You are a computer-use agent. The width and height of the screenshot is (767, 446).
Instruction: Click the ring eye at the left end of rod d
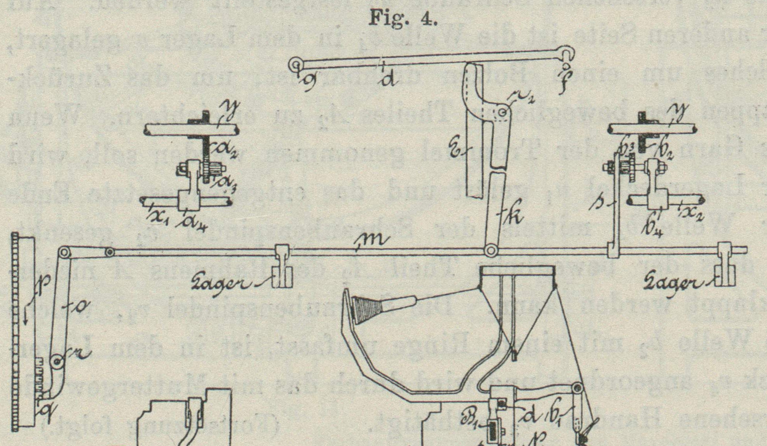pos(296,65)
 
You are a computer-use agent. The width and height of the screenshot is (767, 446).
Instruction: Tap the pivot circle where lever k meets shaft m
pos(490,251)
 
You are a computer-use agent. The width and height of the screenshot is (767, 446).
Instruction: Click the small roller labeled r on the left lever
pos(58,361)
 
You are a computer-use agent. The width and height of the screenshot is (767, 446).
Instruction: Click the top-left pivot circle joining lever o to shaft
pos(64,253)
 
